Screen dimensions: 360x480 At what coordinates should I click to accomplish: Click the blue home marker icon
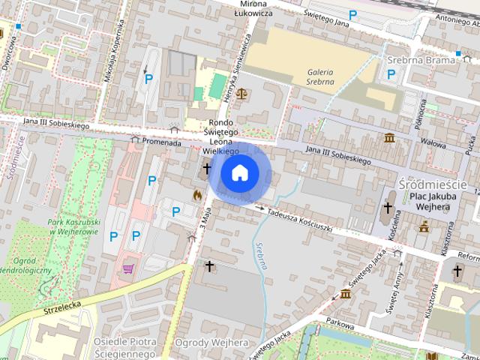click(x=239, y=173)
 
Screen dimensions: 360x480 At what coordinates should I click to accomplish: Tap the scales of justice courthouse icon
click(x=241, y=94)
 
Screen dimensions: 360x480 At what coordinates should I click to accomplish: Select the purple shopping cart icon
click(x=128, y=268)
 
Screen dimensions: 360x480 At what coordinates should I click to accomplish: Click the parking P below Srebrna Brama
click(x=391, y=73)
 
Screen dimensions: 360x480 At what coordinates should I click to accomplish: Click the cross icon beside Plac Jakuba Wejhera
click(x=388, y=207)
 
